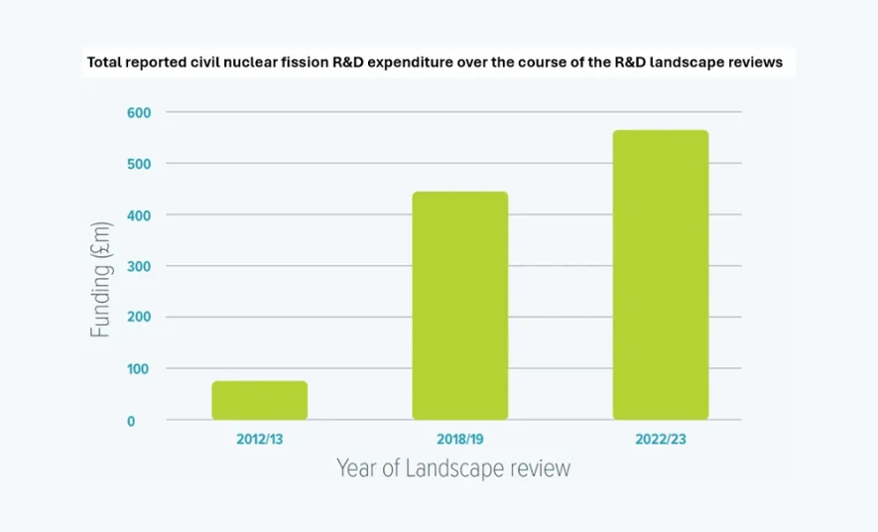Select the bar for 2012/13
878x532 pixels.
260,400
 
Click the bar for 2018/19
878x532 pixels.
460,306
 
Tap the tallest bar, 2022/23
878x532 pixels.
661,275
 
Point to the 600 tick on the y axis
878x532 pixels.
138,112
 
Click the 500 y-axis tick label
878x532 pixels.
138,163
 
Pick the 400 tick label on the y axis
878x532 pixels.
138,214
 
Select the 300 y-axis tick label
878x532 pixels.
138,266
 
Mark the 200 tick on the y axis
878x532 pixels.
138,318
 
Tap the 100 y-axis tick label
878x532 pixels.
138,369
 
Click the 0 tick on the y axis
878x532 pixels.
145,421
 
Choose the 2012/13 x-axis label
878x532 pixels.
260,438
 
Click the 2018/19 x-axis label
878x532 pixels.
460,438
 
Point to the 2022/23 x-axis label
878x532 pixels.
661,438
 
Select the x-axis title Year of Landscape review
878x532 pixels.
453,467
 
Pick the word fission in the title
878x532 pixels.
314,63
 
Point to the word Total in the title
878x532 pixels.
104,63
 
